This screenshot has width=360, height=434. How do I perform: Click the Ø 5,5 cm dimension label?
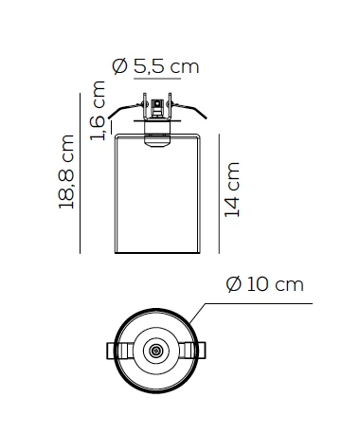click(155, 66)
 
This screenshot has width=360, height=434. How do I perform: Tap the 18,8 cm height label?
click(66, 172)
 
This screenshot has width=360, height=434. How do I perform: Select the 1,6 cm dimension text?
click(98, 111)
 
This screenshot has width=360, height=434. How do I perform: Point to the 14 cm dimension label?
click(232, 190)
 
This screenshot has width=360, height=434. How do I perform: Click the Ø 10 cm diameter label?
click(264, 284)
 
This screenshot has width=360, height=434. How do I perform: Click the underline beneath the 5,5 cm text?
click(157, 78)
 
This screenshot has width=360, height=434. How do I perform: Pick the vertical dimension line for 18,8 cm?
click(81, 173)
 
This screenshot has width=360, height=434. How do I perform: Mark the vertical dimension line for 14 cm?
click(219, 193)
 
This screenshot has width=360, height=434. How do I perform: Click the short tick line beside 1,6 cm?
click(111, 126)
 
